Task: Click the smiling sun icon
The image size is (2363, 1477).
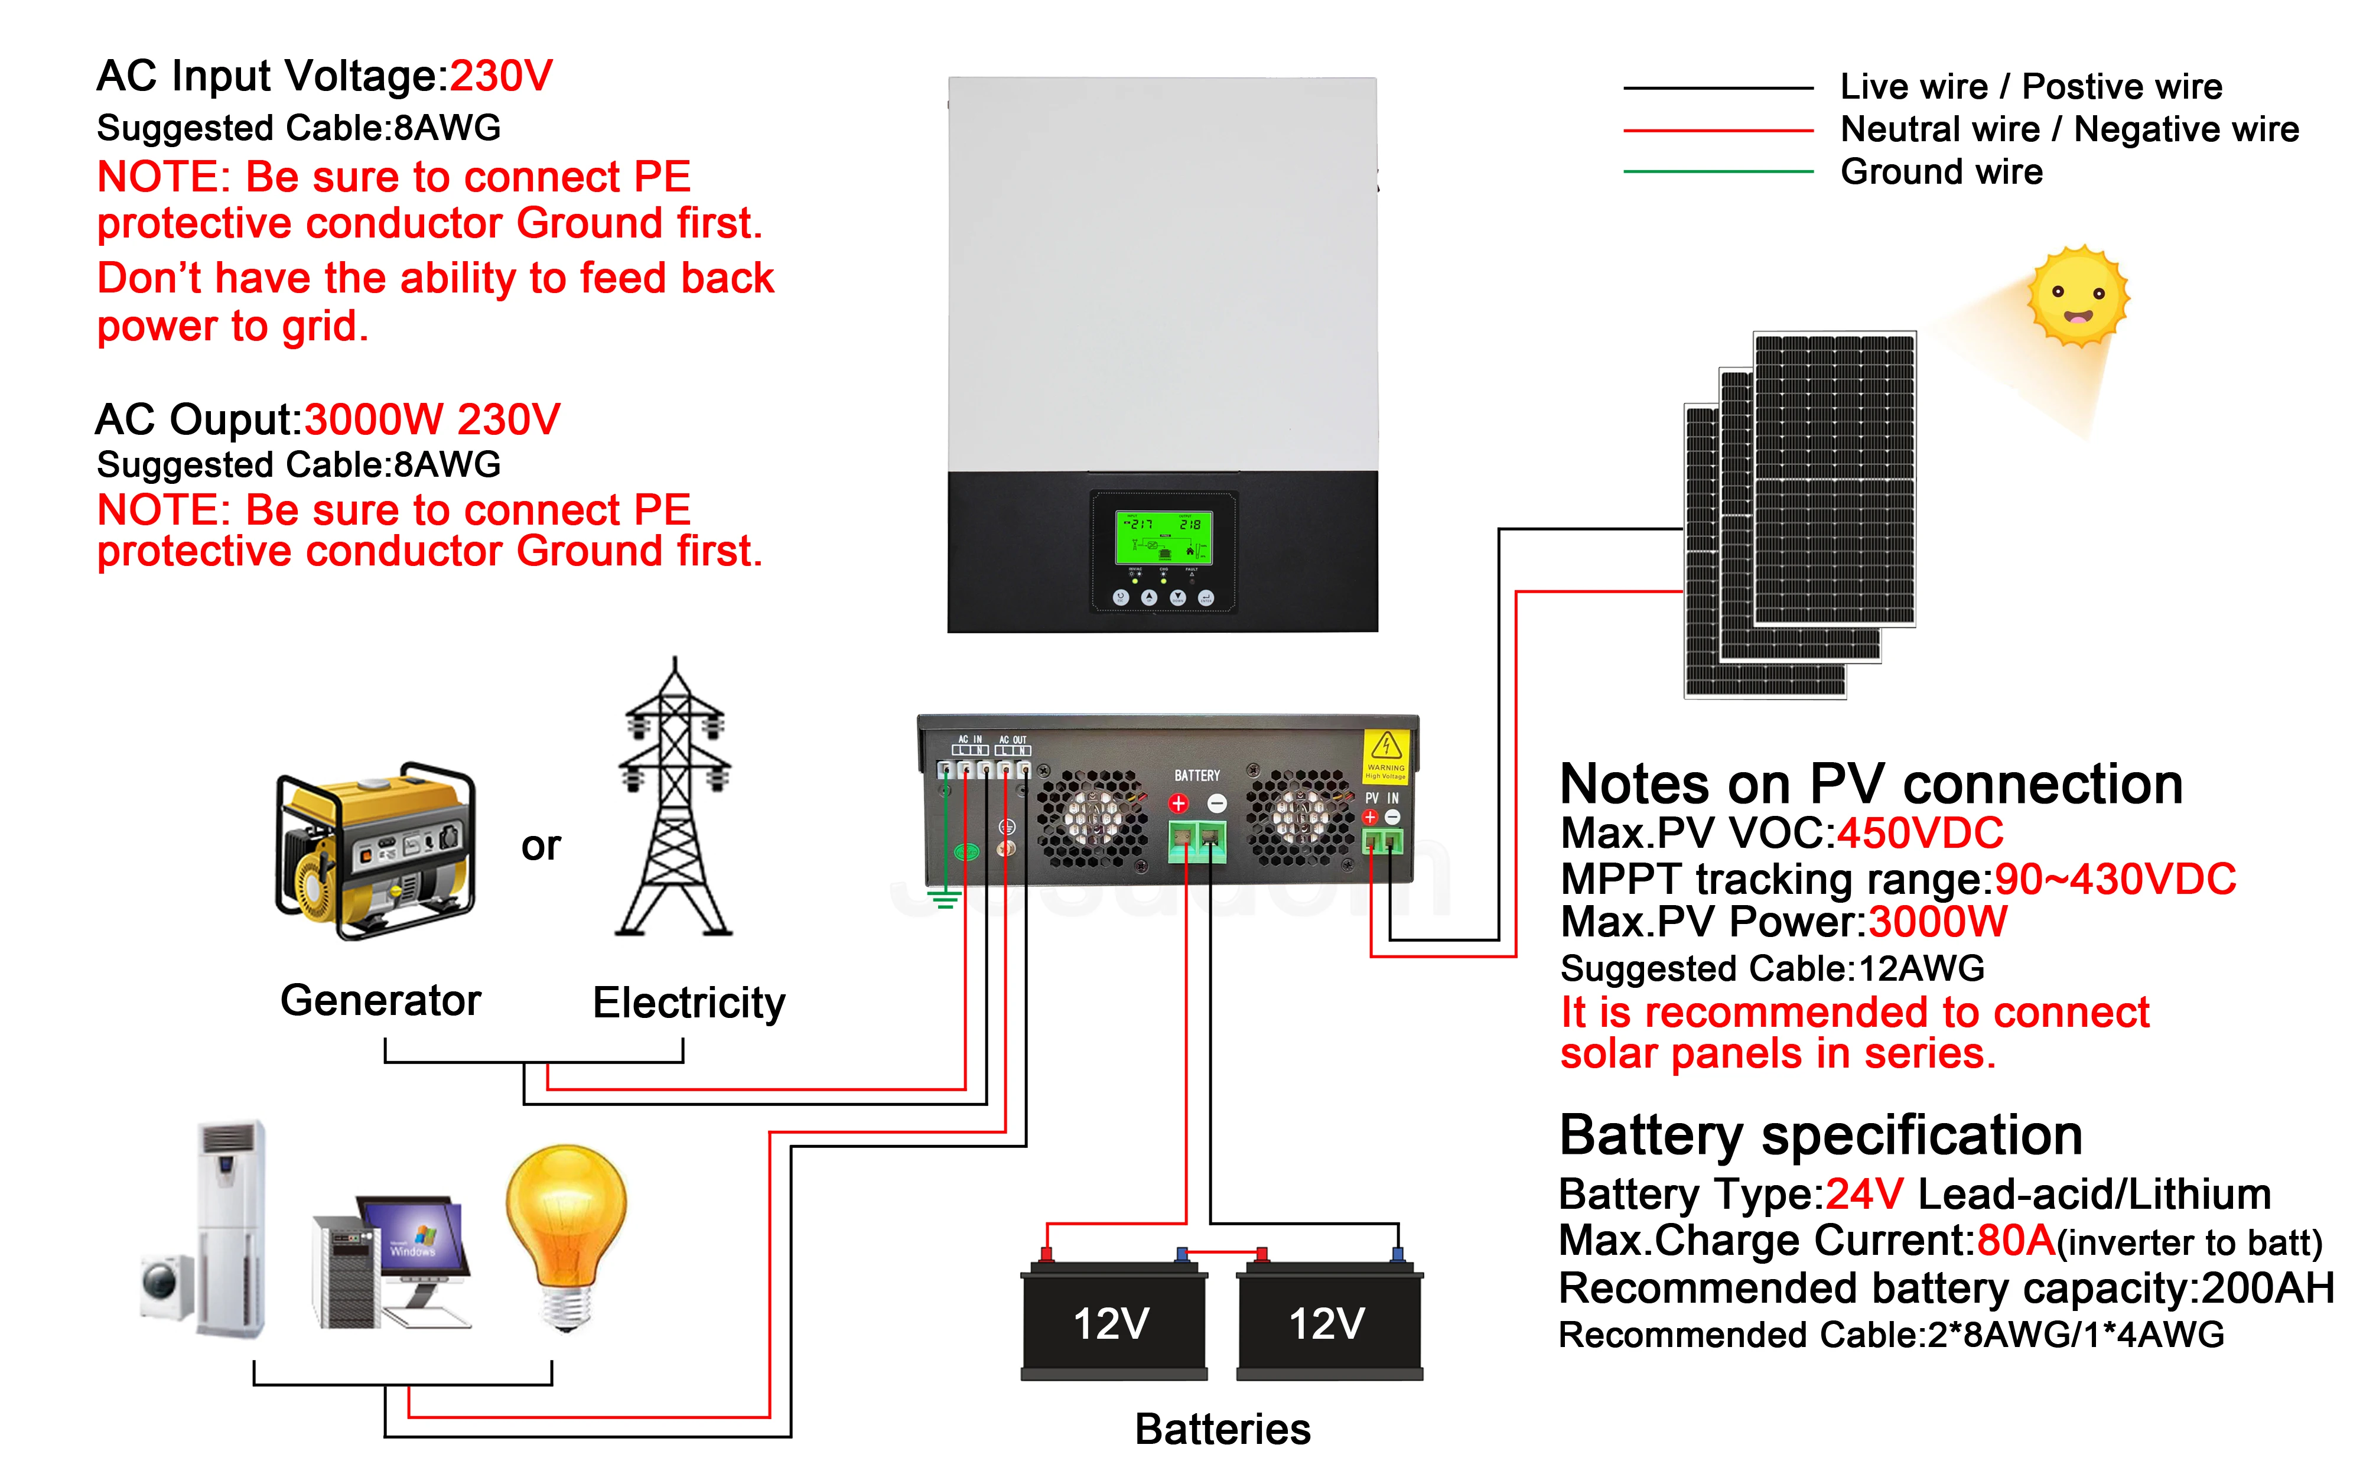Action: click(x=2078, y=295)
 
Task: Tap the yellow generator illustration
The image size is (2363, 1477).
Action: click(x=376, y=850)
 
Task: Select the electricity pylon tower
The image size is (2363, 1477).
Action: click(x=673, y=801)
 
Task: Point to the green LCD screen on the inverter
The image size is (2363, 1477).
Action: click(x=1164, y=536)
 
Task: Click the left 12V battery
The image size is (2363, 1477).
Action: click(x=1113, y=1320)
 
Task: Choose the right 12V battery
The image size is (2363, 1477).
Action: click(x=1329, y=1320)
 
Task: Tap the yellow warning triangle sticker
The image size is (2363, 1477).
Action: click(x=1386, y=747)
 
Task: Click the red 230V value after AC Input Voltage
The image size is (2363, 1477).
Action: click(x=501, y=76)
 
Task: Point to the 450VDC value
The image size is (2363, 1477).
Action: click(x=1920, y=833)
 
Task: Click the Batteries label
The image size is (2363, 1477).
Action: click(x=1222, y=1429)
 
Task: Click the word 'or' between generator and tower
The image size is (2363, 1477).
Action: click(x=541, y=846)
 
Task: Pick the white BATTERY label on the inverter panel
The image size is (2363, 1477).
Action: click(x=1197, y=776)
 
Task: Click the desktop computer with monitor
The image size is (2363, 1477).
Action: click(x=390, y=1260)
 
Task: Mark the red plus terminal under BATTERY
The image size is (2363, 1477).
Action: click(x=1179, y=804)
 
